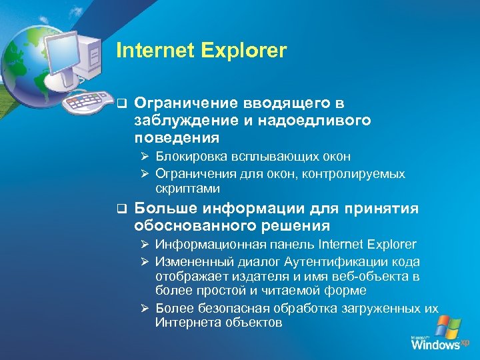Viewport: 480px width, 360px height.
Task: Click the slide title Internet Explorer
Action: pos(201,51)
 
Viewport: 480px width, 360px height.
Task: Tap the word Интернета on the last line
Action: pos(187,323)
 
